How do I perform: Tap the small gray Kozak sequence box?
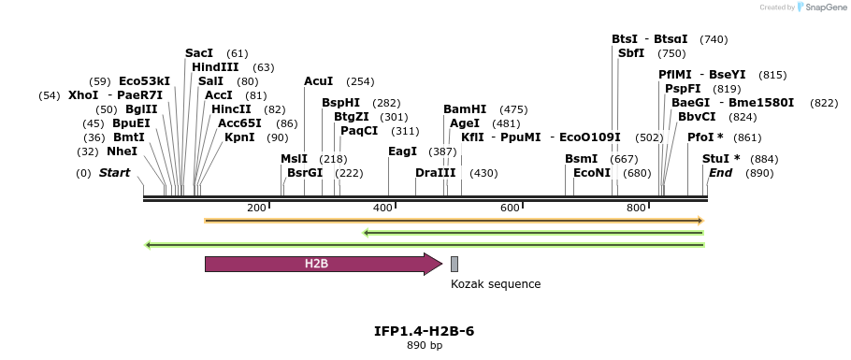[454, 264]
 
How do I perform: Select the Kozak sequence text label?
[496, 284]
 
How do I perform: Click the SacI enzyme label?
[199, 53]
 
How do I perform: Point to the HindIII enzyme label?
[215, 67]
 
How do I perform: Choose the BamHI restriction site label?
[465, 109]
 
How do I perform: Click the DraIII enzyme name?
[436, 173]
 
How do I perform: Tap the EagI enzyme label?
[402, 151]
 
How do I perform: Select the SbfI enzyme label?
[631, 53]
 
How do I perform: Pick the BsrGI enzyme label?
[305, 173]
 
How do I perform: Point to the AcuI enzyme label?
[319, 81]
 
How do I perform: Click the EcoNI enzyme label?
[592, 173]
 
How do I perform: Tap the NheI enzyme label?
[122, 151]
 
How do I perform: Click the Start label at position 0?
[114, 173]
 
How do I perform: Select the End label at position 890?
[721, 173]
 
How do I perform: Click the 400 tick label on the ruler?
[383, 208]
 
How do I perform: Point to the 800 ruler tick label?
[637, 208]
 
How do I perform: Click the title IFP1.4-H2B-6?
[417, 331]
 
